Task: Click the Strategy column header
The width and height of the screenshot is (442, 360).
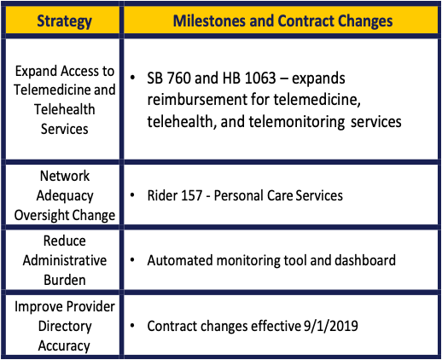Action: point(64,21)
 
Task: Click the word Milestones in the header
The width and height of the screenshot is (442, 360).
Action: point(209,21)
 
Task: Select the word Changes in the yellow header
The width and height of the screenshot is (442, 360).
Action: point(365,21)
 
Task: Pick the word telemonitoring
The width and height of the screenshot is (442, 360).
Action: point(297,122)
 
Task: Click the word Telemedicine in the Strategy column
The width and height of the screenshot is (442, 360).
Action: point(52,90)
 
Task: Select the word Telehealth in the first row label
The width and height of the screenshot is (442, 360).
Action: point(65,109)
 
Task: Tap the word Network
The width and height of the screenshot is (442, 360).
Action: point(65,176)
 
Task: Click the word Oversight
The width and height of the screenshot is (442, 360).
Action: point(38,215)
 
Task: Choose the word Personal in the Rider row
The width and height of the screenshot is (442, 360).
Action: point(239,195)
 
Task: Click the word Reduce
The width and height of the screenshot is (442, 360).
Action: point(65,241)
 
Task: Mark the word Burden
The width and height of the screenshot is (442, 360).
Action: point(65,280)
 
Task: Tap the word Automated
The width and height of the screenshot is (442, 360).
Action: point(179,260)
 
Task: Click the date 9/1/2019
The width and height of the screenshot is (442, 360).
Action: point(331,326)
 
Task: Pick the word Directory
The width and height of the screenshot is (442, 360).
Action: point(65,327)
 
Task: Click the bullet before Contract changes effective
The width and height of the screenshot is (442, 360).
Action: point(132,326)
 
